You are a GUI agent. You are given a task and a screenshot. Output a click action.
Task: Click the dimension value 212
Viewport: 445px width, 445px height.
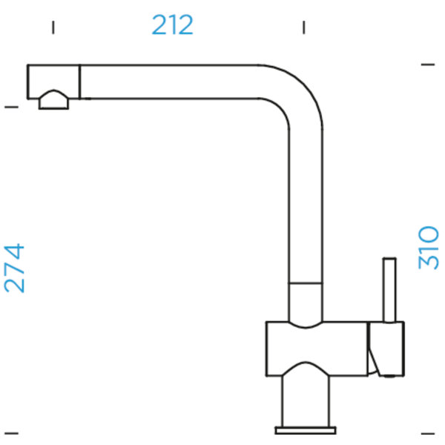click(x=173, y=25)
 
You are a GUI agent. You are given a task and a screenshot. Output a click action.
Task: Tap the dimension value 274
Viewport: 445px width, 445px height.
click(x=14, y=268)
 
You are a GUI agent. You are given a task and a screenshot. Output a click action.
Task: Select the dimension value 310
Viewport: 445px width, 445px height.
click(x=429, y=247)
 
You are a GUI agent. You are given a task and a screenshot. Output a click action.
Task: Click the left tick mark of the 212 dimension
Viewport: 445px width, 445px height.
click(x=53, y=27)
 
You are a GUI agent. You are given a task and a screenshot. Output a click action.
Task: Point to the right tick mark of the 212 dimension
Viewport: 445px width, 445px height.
click(x=304, y=27)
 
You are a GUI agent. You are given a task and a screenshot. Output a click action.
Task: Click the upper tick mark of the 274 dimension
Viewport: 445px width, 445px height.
click(x=12, y=107)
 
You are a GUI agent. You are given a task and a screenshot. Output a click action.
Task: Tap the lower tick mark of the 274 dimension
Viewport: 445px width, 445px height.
click(x=12, y=433)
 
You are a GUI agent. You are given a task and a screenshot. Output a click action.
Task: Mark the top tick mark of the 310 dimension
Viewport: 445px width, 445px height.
click(x=428, y=65)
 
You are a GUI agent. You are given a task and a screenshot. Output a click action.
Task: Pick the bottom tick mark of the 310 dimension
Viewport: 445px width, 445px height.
click(x=428, y=433)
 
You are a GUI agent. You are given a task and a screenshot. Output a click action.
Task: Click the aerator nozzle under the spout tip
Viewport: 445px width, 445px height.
click(x=53, y=100)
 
